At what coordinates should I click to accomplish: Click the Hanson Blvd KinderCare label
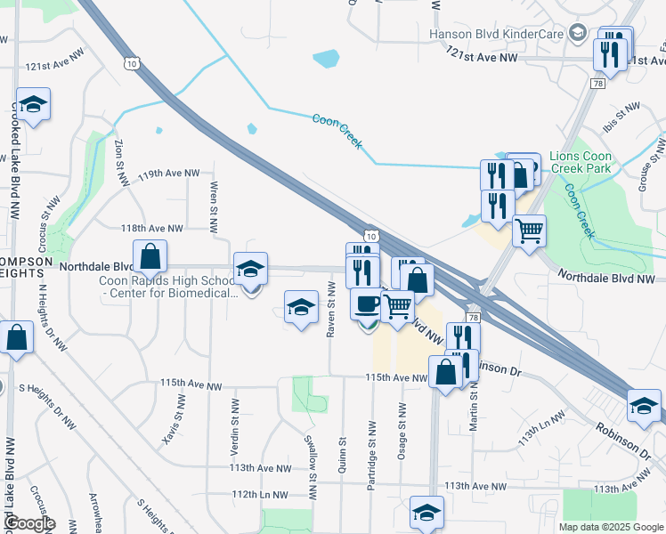pos(495,34)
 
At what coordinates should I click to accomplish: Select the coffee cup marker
pos(366,306)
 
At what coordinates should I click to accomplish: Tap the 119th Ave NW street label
pos(168,174)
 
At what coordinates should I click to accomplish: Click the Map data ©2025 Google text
pos(611,527)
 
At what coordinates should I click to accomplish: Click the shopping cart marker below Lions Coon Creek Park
pos(529,233)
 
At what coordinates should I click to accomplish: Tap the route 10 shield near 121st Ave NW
pos(132,64)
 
